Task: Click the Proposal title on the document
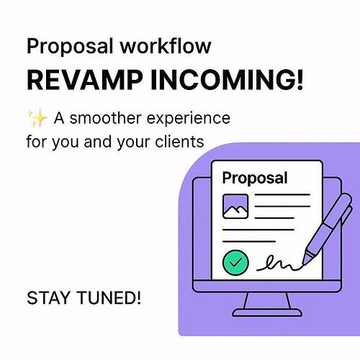tap(254, 178)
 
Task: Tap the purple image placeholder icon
tap(235, 207)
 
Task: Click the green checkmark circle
tap(235, 262)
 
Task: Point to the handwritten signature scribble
tap(280, 264)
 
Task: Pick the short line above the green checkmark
tap(249, 240)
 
